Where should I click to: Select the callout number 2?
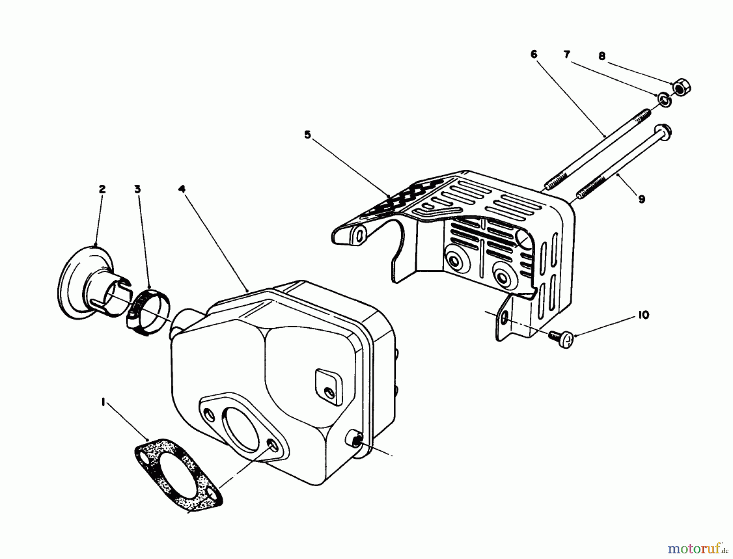102,189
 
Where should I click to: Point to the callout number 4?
182,189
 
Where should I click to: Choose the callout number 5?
307,135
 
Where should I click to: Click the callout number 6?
534,54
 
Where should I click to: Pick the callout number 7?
566,54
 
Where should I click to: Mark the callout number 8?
602,56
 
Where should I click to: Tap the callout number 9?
642,199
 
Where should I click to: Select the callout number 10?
643,315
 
